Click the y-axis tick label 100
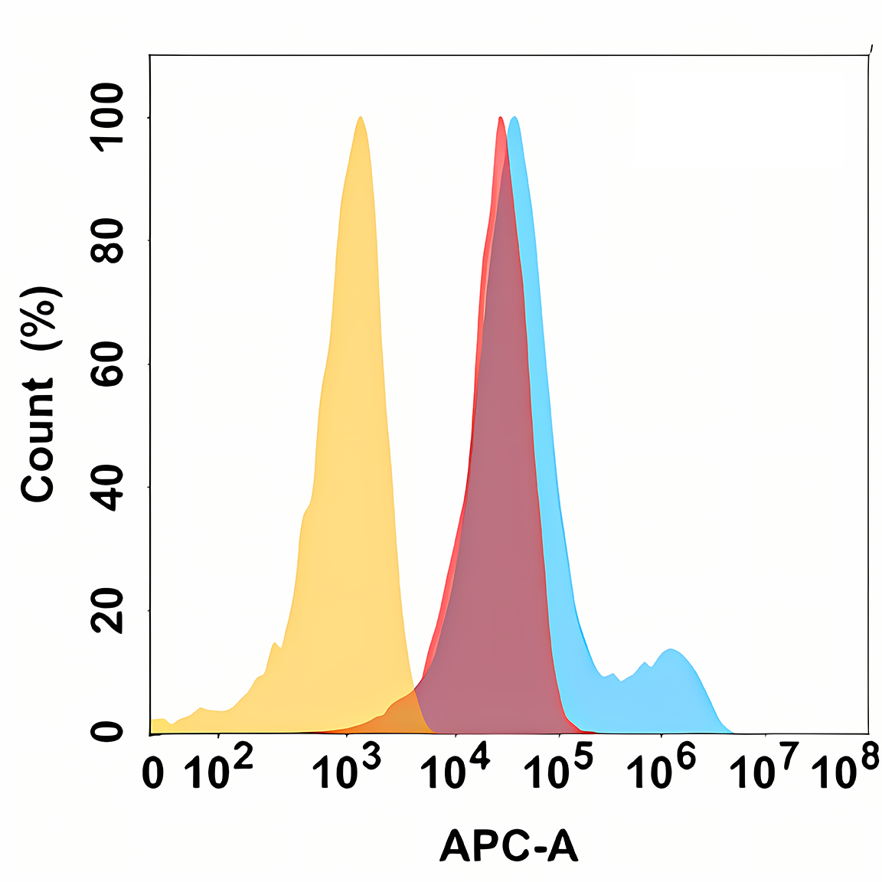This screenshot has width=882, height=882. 106,117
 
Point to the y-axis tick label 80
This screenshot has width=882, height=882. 106,240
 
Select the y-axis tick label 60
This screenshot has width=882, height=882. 106,364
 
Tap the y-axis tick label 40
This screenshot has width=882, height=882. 106,487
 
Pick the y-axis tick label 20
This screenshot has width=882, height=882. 106,610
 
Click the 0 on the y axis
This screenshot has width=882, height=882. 106,732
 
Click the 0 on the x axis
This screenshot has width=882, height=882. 153,773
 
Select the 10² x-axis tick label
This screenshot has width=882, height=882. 218,769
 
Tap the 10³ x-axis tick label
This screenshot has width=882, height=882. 347,769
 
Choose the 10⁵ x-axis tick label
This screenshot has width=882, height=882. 558,769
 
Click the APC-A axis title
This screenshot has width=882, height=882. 508,847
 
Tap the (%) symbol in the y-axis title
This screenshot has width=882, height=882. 38,318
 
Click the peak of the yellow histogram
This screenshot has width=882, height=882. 360,118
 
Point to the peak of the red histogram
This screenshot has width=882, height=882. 500,119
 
